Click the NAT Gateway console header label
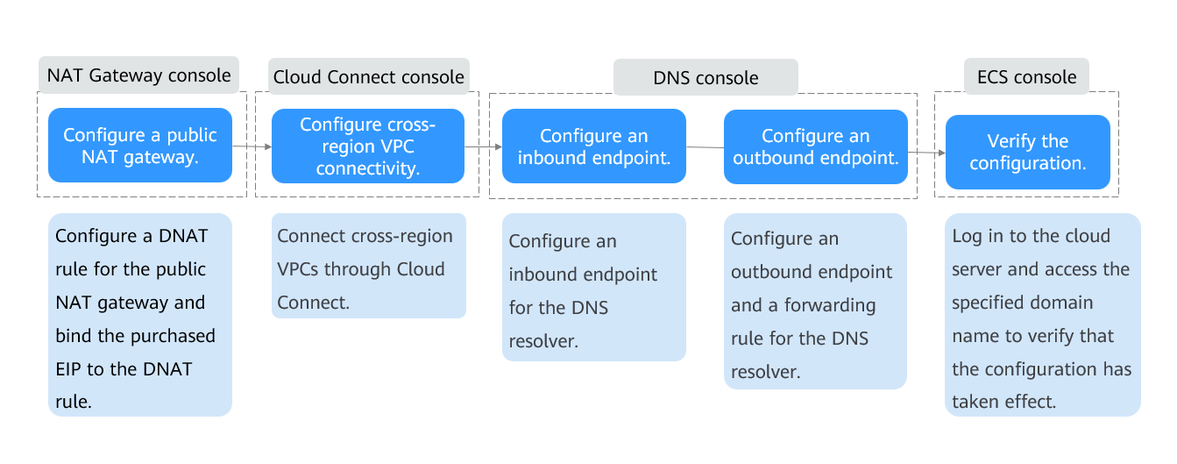coord(138,75)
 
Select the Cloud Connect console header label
coord(368,77)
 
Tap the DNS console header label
coord(705,78)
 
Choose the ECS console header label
coord(1026,77)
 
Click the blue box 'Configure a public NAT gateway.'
coord(139,146)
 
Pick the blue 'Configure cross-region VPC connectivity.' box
coord(368,146)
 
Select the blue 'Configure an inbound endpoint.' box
coord(593,146)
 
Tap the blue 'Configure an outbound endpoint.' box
coord(816,146)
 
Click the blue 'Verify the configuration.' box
coord(1028,152)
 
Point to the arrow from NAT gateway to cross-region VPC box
coord(252,146)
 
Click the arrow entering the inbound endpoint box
coord(484,146)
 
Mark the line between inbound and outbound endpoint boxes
coord(705,147)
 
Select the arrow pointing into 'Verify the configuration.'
coord(926,153)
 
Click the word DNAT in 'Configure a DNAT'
coord(183,236)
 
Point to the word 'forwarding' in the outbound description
coord(830,305)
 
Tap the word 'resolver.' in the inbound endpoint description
coord(543,341)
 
